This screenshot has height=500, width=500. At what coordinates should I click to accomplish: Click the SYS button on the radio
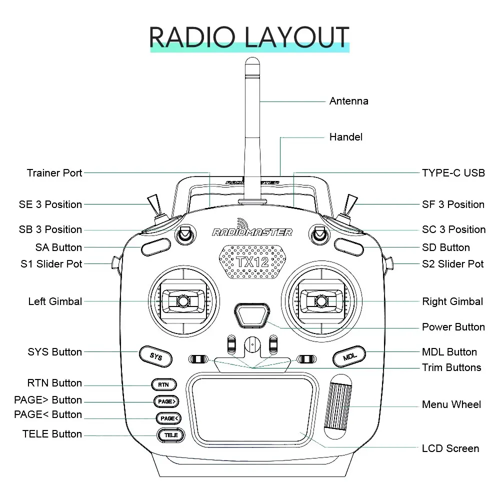156,357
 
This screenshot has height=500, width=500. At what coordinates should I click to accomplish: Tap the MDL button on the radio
349,357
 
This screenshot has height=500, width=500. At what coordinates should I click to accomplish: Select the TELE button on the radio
171,435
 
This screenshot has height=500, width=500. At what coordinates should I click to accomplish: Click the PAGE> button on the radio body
166,401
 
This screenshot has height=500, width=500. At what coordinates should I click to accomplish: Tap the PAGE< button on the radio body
168,418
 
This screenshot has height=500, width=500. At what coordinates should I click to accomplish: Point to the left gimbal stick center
183,301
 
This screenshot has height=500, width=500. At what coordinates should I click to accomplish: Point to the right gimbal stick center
320,301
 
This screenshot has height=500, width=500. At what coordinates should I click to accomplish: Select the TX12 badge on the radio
252,262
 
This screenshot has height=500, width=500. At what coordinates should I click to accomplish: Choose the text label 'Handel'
346,137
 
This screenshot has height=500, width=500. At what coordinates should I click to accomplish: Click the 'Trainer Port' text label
54,173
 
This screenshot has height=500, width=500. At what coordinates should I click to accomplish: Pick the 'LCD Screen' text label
450,448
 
